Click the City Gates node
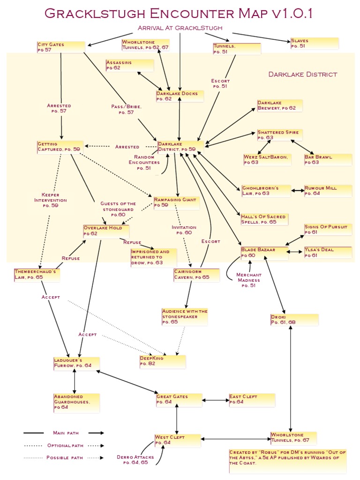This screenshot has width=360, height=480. (x=61, y=47)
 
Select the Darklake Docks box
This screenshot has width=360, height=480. (x=180, y=96)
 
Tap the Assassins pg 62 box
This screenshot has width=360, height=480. (x=129, y=65)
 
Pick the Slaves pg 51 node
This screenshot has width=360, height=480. (x=314, y=44)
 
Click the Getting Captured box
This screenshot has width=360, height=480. (x=60, y=146)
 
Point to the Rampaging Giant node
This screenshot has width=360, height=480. (x=176, y=202)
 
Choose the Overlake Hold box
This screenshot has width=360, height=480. (x=106, y=231)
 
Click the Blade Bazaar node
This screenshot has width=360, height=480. (x=264, y=253)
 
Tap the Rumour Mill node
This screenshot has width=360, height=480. (x=328, y=190)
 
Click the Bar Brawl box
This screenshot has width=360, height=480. (x=328, y=159)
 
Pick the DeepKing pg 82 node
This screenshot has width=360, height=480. (x=162, y=361)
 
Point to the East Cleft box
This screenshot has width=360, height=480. (x=251, y=399)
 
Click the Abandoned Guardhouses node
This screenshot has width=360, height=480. (x=76, y=403)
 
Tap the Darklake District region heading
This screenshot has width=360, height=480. (x=302, y=74)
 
